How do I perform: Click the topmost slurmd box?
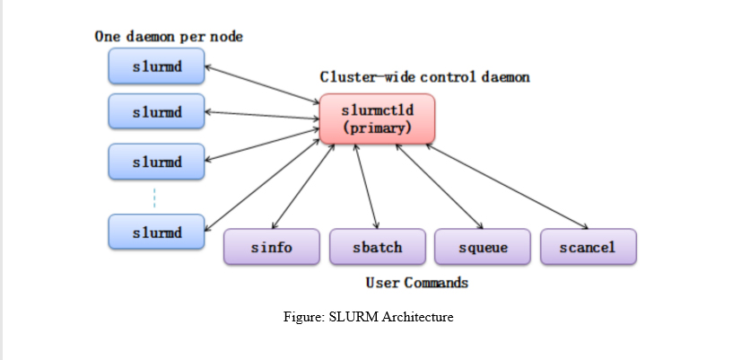click(157, 66)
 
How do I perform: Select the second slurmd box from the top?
click(157, 112)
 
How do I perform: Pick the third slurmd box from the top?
click(157, 162)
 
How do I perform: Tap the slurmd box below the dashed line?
click(157, 233)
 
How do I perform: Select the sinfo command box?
click(271, 247)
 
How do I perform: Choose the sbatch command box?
click(377, 247)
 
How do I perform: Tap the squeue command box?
click(483, 247)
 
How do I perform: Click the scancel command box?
click(588, 247)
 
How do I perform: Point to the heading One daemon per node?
click(169, 37)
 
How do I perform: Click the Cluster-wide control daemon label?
click(424, 77)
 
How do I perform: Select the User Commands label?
click(416, 283)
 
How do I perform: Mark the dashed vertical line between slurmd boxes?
click(154, 198)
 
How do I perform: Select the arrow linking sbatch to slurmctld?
click(366, 185)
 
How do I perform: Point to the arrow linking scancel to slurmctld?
click(507, 185)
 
